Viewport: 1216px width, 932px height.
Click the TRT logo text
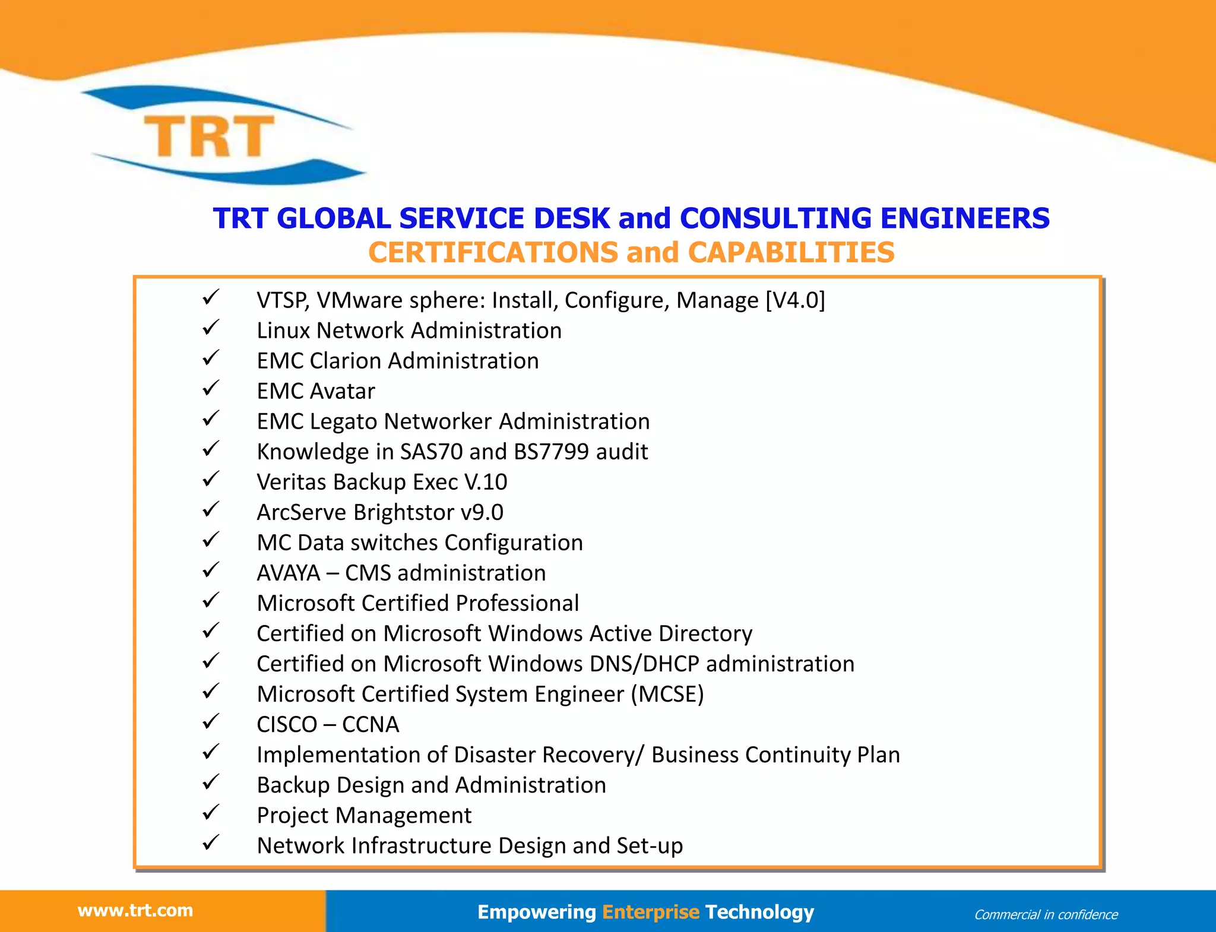click(209, 136)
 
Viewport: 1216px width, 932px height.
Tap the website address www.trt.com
click(135, 910)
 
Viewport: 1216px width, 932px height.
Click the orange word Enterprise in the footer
click(651, 911)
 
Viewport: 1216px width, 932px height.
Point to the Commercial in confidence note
click(1046, 914)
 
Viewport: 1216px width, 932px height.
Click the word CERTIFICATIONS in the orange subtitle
click(493, 252)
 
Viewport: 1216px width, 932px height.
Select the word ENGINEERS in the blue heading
click(965, 218)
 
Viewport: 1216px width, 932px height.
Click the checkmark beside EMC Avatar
click(211, 389)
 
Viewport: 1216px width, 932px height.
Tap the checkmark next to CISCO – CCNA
click(211, 722)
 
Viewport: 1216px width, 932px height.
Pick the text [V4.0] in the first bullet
click(795, 300)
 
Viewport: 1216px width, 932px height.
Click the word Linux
click(283, 331)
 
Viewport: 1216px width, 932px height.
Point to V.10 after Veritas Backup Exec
click(486, 482)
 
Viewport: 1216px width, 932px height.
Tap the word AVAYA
click(289, 573)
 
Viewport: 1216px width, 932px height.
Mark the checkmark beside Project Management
click(211, 813)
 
